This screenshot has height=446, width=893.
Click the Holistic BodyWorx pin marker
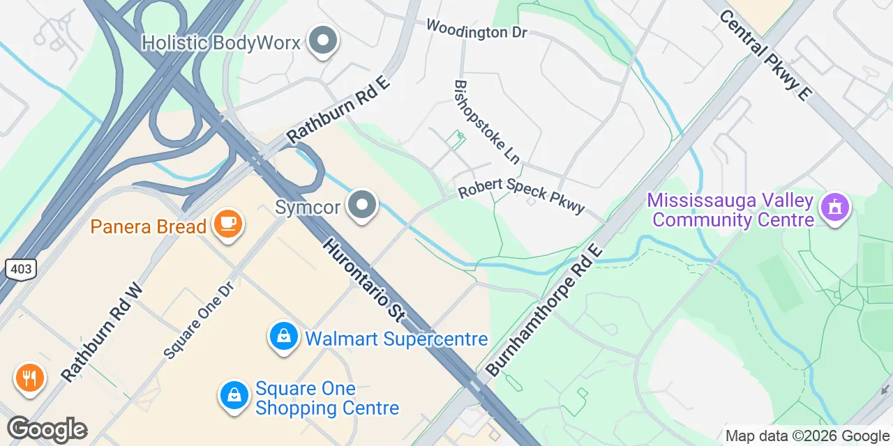coord(322,41)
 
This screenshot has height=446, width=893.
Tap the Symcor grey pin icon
coord(362,206)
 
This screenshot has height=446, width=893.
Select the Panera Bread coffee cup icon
coord(227,224)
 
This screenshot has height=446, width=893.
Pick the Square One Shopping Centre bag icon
coord(235,395)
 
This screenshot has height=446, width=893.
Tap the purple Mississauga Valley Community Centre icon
coord(835,207)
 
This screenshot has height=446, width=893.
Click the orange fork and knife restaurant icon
coord(29,378)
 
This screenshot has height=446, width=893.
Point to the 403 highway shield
coord(19,268)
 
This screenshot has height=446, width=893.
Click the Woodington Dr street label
coord(476,29)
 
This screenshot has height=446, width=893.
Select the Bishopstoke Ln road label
coord(486,121)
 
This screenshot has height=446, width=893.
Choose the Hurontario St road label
coord(363,279)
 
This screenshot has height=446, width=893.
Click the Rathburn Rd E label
coord(338,111)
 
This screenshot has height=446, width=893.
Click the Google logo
coord(47,430)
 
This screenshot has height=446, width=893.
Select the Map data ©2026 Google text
coord(806,436)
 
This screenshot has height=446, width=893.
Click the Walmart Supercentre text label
coord(396,339)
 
